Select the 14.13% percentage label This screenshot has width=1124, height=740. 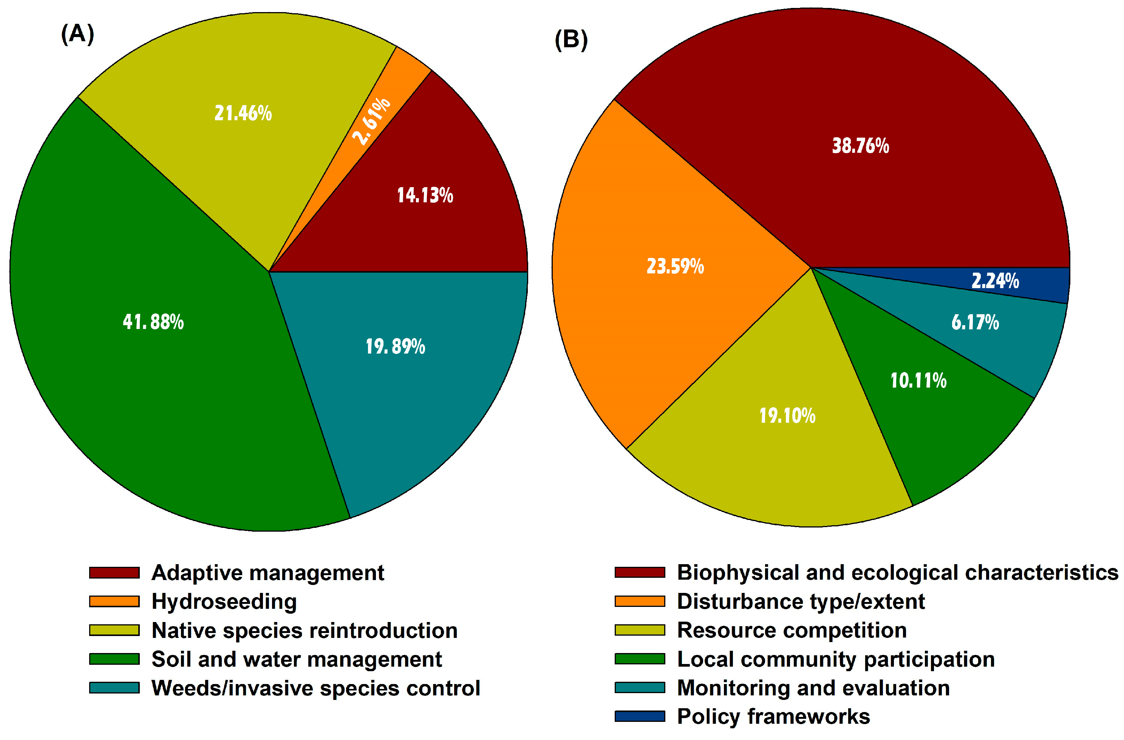click(x=425, y=195)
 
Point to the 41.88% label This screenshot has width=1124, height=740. click(x=153, y=322)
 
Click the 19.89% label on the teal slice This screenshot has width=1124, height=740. click(x=395, y=346)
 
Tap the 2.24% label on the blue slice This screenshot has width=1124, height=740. click(x=994, y=281)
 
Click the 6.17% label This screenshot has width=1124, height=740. click(x=975, y=322)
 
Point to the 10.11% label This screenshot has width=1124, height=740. click(x=918, y=380)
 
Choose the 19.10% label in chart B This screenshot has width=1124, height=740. click(x=787, y=416)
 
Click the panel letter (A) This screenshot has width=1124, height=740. click(x=77, y=34)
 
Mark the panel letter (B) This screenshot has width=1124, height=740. click(x=571, y=39)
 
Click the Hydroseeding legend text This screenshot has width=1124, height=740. click(x=224, y=602)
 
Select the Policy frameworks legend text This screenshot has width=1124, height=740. click(x=773, y=717)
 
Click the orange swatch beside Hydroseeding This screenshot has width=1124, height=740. click(x=114, y=602)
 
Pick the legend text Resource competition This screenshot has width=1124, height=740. click(x=792, y=630)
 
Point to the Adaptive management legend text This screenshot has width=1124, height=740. click(x=267, y=573)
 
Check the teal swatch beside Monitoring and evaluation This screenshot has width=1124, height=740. click(x=639, y=687)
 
